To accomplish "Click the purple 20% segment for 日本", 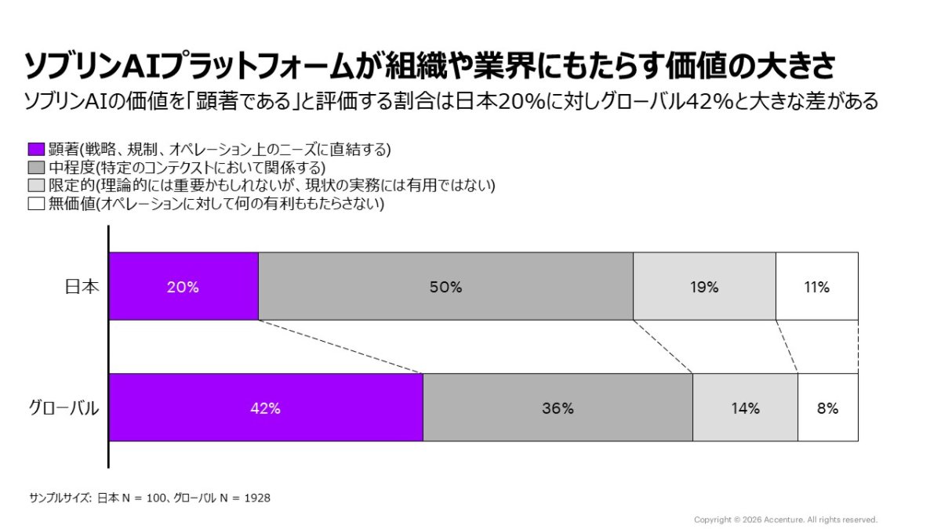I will pos(183,286).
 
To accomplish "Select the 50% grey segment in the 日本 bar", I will pos(445,286).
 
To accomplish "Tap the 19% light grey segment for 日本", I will pos(704,286).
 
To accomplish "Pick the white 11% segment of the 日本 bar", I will pos(816,286).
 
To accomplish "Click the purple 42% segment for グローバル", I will pos(266,408).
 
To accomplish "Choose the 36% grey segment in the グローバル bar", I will pos(558,408).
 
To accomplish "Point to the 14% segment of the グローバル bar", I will pos(745,408).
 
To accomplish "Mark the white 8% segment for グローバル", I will pos(827,408).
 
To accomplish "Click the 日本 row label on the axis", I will pos(82,287).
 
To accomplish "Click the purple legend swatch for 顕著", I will pos(36,149).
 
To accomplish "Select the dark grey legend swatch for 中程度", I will pos(36,167).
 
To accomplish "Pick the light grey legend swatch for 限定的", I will pos(36,186).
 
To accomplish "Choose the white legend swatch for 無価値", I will pos(36,204).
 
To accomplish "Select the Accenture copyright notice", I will pos(785,520).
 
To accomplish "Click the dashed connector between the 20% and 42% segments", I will pos(340,346).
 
